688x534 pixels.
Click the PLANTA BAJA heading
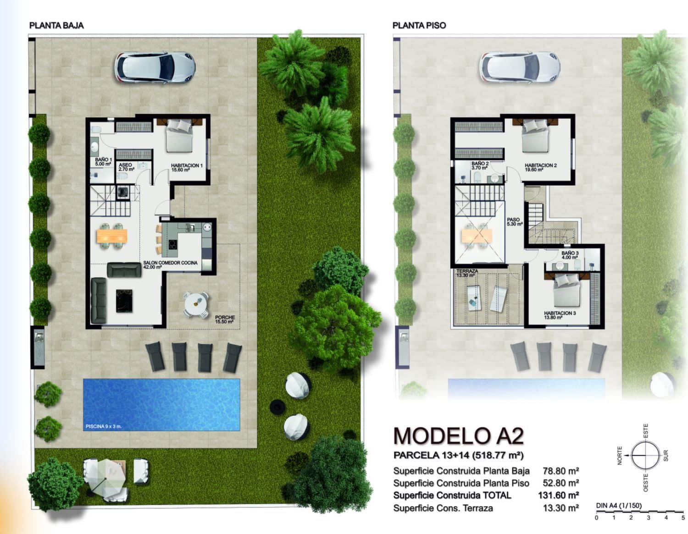(56, 25)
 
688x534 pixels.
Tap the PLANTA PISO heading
(419, 25)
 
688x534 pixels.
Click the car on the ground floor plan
(155, 68)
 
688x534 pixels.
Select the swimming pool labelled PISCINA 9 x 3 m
(161, 404)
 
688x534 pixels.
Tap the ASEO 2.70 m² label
(126, 167)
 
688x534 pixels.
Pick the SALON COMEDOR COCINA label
(170, 264)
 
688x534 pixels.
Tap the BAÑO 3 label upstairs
(570, 255)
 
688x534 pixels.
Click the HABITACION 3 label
(560, 315)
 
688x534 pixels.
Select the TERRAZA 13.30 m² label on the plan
(467, 273)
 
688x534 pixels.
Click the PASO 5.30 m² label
(514, 222)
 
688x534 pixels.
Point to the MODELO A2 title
(458, 435)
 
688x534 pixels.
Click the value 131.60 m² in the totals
(558, 495)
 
